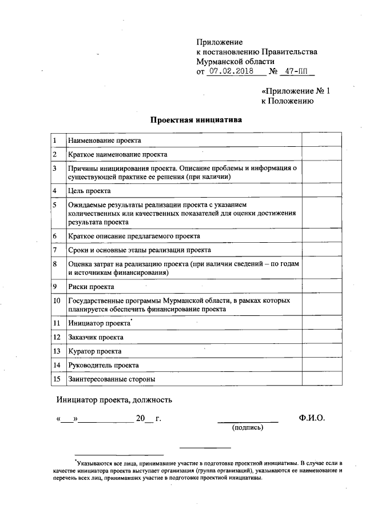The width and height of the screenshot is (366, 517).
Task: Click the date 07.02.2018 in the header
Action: pyautogui.click(x=230, y=72)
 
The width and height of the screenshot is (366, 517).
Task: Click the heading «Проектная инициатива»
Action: pyautogui.click(x=196, y=120)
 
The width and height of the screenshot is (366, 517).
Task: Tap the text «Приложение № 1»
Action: pyautogui.click(x=296, y=91)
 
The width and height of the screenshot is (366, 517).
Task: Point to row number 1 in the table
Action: pyautogui.click(x=54, y=140)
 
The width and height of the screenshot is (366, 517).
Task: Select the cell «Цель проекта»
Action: pyautogui.click(x=89, y=191)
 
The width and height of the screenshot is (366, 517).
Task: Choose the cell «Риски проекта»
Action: pyautogui.click(x=91, y=286)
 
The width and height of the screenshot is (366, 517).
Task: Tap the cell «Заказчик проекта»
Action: pyautogui.click(x=96, y=337)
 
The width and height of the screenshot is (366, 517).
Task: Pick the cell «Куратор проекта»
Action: pyautogui.click(x=94, y=351)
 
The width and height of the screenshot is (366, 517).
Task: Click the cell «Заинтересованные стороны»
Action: pyautogui.click(x=112, y=378)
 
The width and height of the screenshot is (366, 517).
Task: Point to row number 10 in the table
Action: pyautogui.click(x=56, y=300)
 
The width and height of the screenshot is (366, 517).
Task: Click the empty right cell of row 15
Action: pyautogui.click(x=321, y=378)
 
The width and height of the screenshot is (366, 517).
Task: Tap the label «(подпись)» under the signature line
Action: pyautogui.click(x=247, y=427)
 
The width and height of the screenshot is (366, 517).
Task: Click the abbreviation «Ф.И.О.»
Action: pyautogui.click(x=311, y=418)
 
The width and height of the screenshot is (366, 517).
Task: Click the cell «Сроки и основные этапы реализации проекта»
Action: pyautogui.click(x=140, y=250)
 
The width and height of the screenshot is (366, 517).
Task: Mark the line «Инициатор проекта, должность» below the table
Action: pyautogui.click(x=114, y=400)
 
